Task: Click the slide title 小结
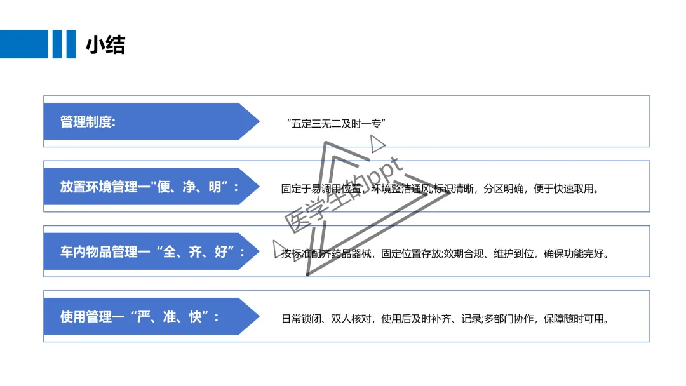(105, 44)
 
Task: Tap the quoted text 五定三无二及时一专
(337, 123)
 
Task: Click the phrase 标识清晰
(453, 189)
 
